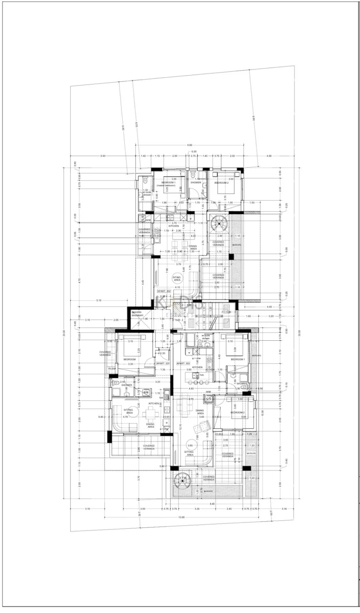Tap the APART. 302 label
[x=165, y=291]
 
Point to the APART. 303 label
[x=183, y=363]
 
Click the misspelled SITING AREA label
[x=177, y=278]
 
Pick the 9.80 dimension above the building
[x=189, y=145]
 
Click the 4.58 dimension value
[x=269, y=156]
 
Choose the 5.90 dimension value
[x=102, y=156]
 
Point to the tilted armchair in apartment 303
[x=204, y=427]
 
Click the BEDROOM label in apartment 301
[x=130, y=359]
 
